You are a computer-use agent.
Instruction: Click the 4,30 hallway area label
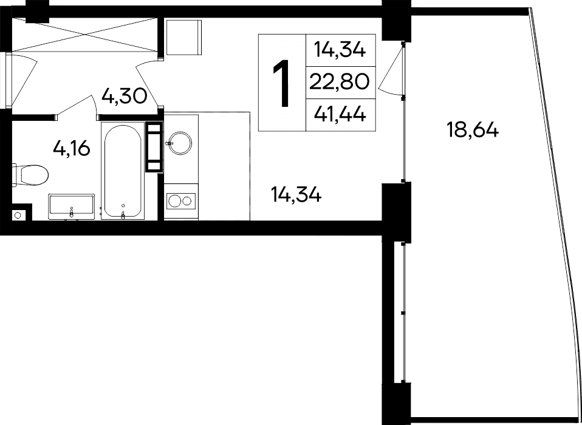point(125,96)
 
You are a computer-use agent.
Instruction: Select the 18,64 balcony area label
point(472,129)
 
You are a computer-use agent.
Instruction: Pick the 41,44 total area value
point(340,114)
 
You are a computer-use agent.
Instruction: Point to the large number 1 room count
point(281,83)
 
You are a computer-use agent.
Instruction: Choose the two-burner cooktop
point(180,200)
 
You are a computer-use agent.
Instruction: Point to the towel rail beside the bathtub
point(154,147)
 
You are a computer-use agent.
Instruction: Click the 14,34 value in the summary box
point(340,49)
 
